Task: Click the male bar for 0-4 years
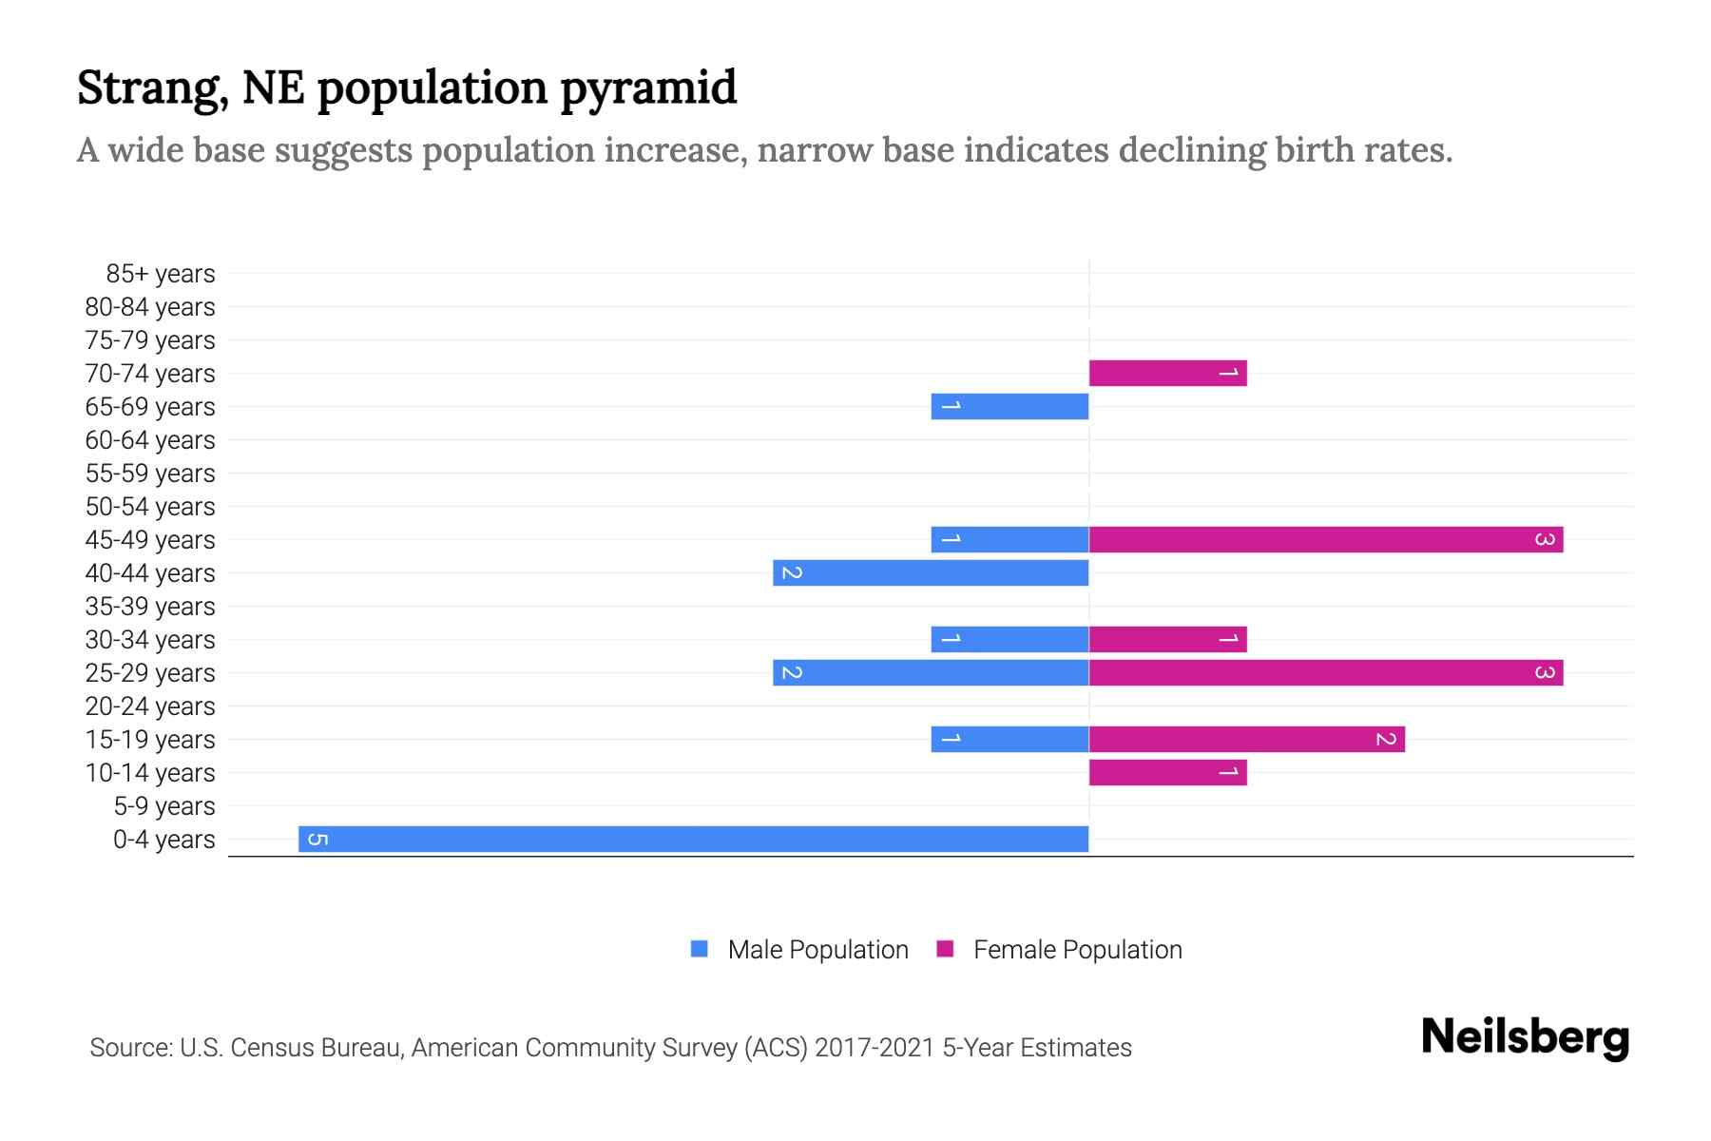[x=693, y=839]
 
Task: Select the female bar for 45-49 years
[x=1326, y=539]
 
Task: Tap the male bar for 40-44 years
[x=931, y=572]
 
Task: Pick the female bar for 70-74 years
[x=1167, y=373]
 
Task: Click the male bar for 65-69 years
[x=1009, y=406]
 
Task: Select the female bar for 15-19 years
[x=1246, y=739]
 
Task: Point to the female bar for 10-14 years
[x=1167, y=772]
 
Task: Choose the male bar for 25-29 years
[x=931, y=672]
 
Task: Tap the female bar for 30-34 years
[x=1167, y=639]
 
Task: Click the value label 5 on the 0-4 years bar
[x=318, y=839]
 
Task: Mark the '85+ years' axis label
[x=161, y=274]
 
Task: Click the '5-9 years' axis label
[x=164, y=806]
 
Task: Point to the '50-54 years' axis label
[x=150, y=507]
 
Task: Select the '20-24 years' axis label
[x=150, y=706]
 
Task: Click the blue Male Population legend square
[x=700, y=949]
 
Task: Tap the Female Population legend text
[x=1077, y=950]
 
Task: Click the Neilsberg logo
[x=1525, y=1037]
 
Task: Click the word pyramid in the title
[x=647, y=88]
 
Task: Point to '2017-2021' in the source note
[x=875, y=1048]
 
